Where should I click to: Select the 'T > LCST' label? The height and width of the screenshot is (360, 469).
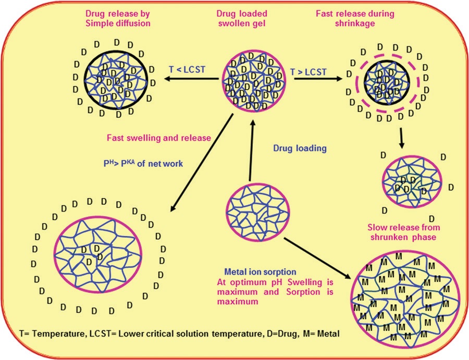tap(310, 69)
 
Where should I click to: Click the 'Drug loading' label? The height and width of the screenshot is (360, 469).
tap(300, 148)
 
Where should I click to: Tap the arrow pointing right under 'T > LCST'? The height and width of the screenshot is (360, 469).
tap(313, 79)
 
